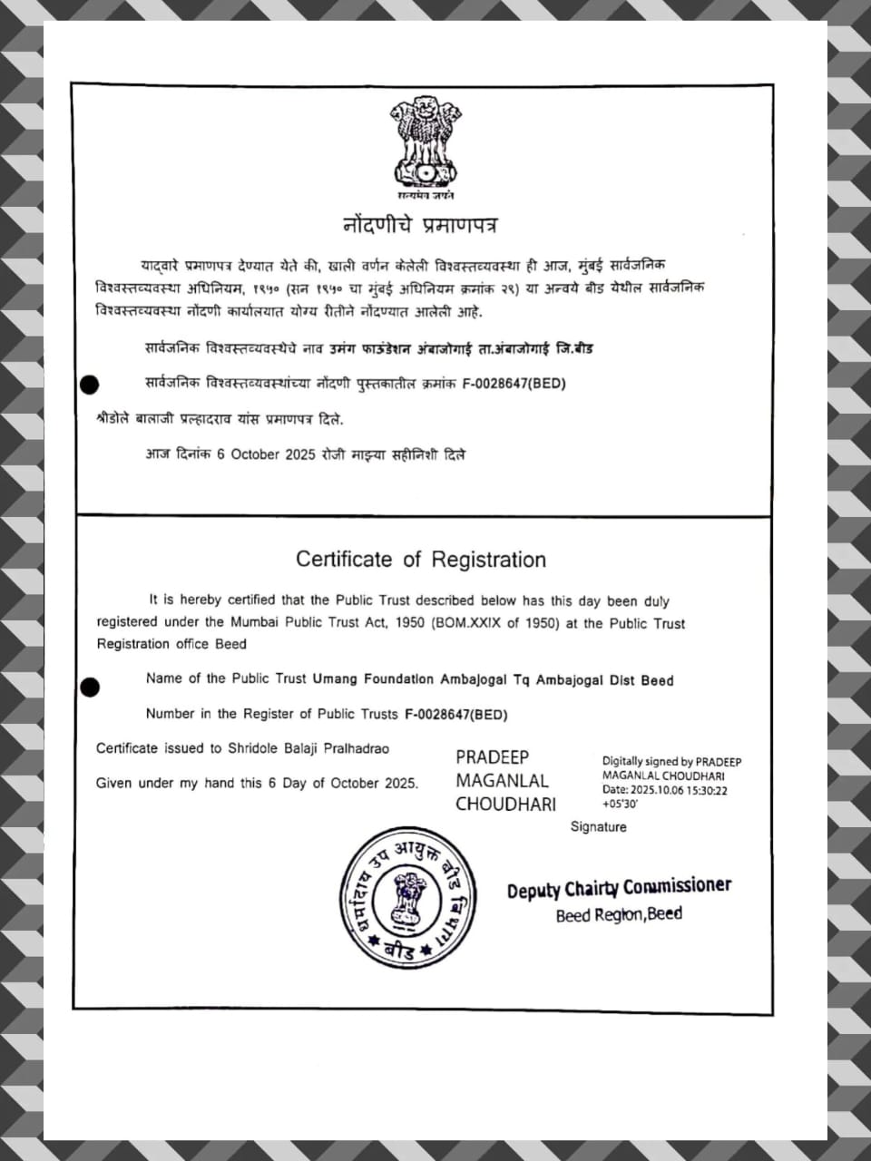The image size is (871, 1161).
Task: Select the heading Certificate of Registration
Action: point(421,559)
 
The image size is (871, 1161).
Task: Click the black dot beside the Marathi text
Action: point(90,385)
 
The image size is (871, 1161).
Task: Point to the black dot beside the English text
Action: point(90,687)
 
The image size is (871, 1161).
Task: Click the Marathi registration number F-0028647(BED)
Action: point(514,384)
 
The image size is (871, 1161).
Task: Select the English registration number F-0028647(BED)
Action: point(455,714)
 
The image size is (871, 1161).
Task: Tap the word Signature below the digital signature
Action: point(598,826)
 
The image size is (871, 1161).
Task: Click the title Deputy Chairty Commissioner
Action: point(619,888)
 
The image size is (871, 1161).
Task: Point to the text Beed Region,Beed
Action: point(619,914)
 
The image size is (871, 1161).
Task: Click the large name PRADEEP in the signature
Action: point(492,757)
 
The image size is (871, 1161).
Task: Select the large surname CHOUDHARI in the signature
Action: point(505,804)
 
